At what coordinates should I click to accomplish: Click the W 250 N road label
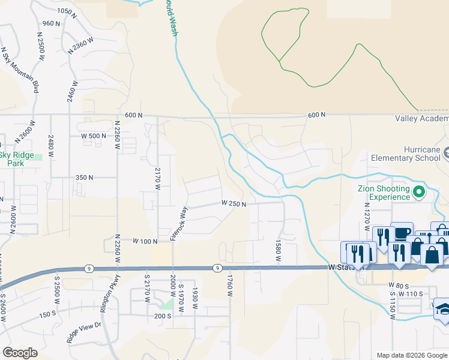point(234,204)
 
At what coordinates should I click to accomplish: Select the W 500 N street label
point(94,136)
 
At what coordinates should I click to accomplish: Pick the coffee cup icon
point(402,233)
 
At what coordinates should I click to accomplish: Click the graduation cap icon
point(443,309)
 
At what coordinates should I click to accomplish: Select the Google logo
point(20,353)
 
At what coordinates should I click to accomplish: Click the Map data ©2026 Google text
point(412,355)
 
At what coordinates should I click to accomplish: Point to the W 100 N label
point(145,241)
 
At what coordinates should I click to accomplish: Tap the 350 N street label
point(84,178)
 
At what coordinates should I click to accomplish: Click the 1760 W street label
point(229,287)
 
